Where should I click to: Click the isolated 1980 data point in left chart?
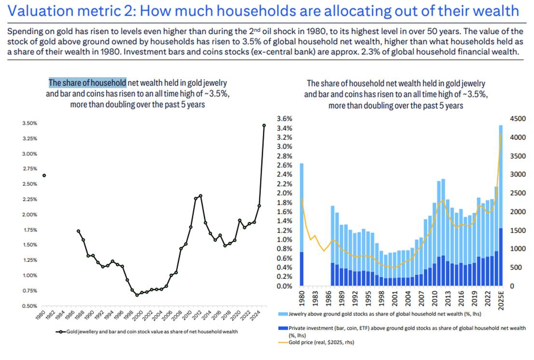click(x=44, y=175)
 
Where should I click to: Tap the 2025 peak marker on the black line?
click(x=264, y=125)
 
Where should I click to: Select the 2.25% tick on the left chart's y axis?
click(x=30, y=199)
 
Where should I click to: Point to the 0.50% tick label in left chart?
click(x=30, y=306)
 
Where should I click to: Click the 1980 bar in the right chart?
click(x=302, y=224)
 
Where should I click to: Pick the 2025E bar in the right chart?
click(x=501, y=205)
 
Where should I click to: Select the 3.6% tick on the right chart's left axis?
click(x=285, y=119)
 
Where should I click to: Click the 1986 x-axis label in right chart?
click(x=332, y=297)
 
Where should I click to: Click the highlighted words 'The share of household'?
click(x=87, y=83)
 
